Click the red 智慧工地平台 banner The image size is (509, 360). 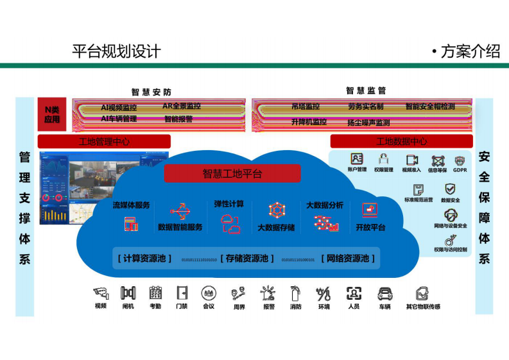pos(232,173)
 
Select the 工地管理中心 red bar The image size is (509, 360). pos(104,141)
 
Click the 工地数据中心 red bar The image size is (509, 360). pos(401,141)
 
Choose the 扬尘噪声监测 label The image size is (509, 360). pos(368,123)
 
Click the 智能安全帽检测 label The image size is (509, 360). pos(429,107)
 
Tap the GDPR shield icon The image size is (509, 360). pos(460,161)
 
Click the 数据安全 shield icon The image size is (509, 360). pos(450,189)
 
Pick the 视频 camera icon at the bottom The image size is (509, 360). pos(101,294)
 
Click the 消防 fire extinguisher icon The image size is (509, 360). pos(295,294)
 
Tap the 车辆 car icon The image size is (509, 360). pos(384,294)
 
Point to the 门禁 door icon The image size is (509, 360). pos(182,293)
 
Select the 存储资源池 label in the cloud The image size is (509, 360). pos(247,259)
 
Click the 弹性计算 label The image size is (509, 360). pos(229,204)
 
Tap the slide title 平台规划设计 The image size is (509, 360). pos(116,52)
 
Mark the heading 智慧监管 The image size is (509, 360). pos(366,90)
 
